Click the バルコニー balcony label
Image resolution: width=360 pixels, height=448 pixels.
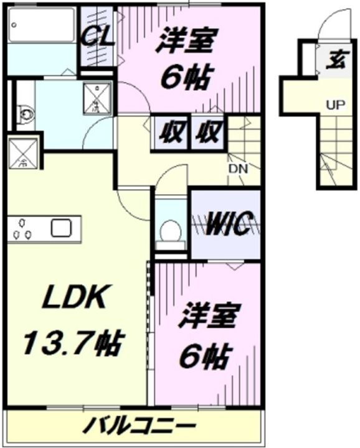[x=135, y=427]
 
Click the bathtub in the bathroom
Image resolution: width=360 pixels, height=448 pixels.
[x=41, y=26]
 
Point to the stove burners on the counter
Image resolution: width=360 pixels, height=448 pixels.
[x=22, y=229]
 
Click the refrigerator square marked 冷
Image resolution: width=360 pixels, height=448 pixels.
[x=23, y=153]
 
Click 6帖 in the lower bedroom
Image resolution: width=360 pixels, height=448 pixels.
[x=206, y=356]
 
